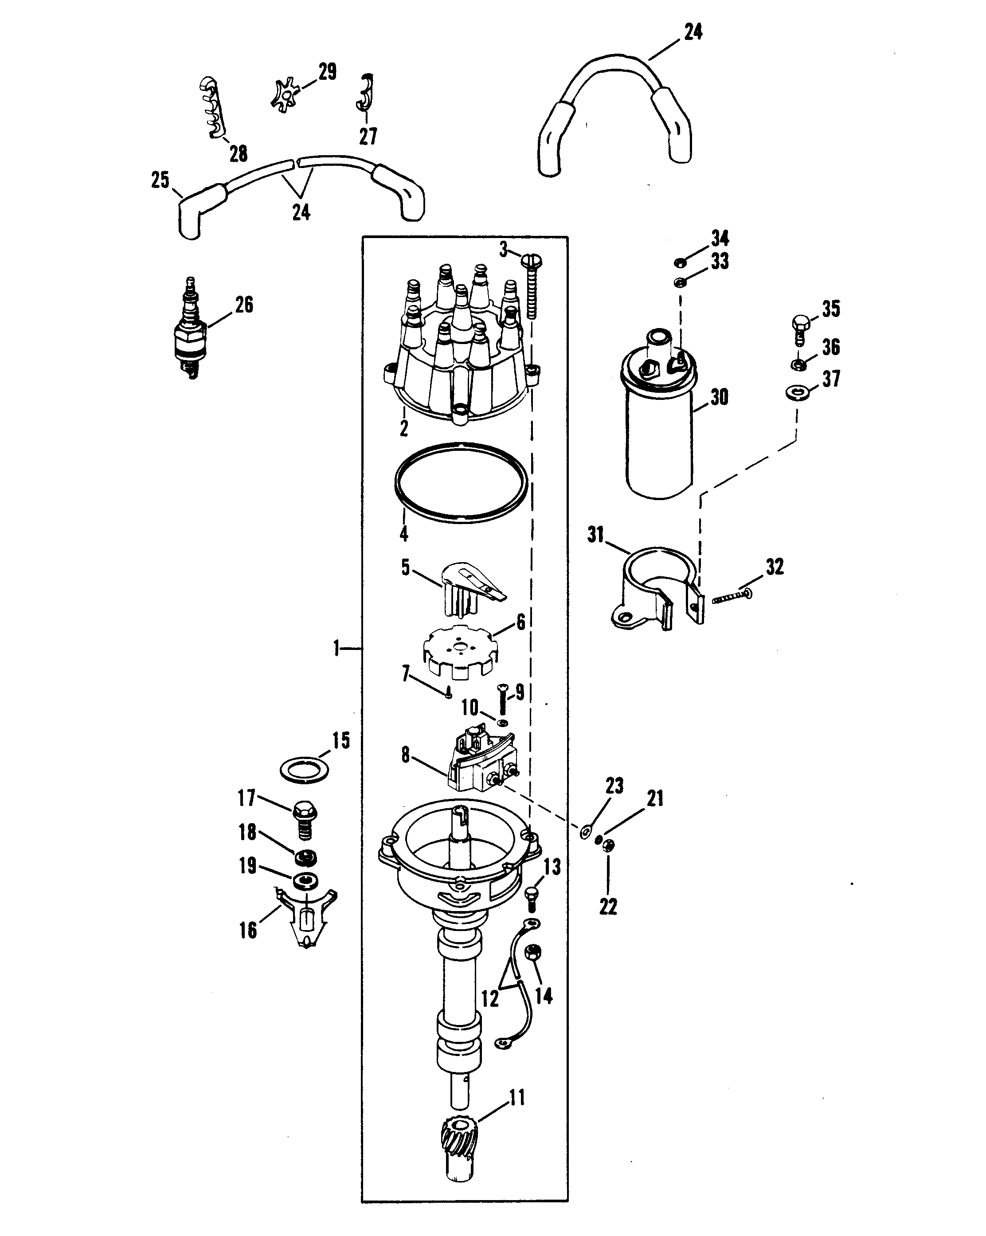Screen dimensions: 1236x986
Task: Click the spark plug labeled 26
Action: point(189,330)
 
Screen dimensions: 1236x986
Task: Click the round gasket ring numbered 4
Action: point(462,483)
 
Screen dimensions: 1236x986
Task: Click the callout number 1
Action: point(337,649)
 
